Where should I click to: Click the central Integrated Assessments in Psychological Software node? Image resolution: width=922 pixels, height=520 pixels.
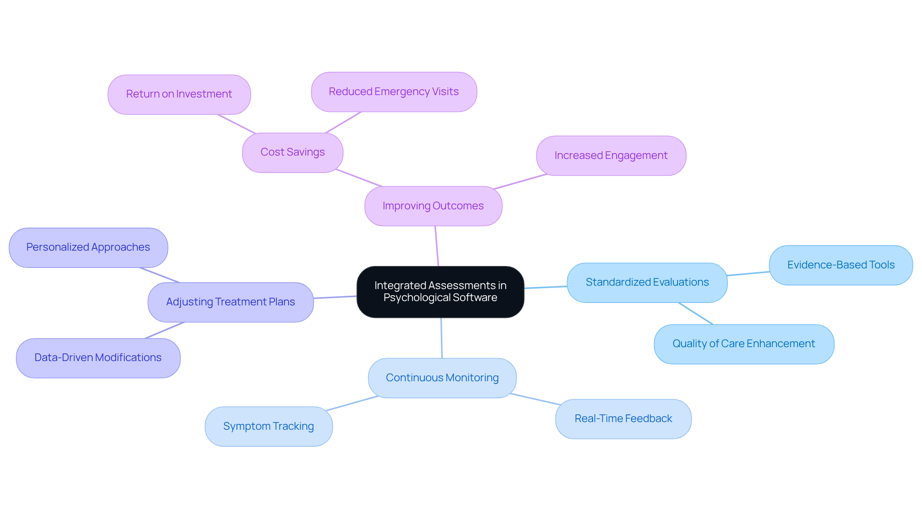(x=440, y=291)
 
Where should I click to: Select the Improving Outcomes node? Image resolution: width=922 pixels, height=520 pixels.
(x=433, y=206)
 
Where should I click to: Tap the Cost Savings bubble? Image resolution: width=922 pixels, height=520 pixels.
(x=292, y=152)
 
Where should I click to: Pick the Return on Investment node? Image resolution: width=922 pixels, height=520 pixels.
(x=179, y=94)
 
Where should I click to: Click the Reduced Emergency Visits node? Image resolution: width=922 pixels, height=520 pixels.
(x=394, y=92)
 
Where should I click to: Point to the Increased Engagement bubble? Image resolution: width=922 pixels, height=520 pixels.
(x=611, y=156)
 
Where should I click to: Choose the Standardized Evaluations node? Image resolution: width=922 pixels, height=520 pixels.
(x=647, y=282)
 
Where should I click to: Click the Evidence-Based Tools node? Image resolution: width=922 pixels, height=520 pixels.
(x=841, y=265)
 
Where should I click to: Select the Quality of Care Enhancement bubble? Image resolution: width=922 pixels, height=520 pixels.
(x=743, y=344)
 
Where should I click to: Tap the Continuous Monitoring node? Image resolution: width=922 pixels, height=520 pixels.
(x=442, y=378)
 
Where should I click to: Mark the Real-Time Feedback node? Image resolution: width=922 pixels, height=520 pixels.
(x=623, y=419)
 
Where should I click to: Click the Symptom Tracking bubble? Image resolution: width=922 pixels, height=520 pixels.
(x=268, y=426)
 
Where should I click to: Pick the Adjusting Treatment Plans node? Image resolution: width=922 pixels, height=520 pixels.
(x=230, y=302)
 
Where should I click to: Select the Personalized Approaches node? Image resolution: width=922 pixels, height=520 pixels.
(x=88, y=247)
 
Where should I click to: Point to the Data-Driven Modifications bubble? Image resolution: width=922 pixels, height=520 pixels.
(x=98, y=358)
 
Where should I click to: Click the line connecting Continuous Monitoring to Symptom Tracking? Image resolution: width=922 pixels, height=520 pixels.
(x=352, y=403)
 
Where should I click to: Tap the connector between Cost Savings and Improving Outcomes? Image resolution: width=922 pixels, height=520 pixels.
(x=359, y=178)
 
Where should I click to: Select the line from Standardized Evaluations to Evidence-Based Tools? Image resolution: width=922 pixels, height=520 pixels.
(x=748, y=274)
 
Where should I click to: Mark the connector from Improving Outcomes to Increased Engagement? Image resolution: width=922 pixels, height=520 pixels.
(x=521, y=181)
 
